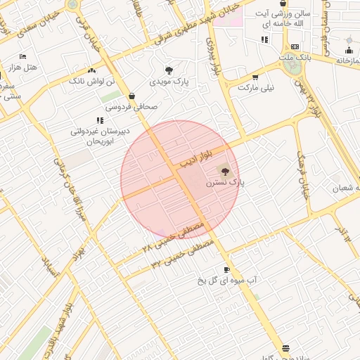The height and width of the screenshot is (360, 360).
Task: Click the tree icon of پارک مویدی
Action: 169,70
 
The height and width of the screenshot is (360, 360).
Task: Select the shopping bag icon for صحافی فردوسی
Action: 131,96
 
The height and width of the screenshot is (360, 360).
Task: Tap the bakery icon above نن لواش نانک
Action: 91,70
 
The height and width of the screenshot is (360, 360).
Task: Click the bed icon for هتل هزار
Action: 22,56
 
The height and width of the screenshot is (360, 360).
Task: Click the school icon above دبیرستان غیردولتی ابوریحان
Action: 100,120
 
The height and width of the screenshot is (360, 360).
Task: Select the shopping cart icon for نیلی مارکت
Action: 255,77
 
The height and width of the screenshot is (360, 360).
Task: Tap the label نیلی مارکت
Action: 255,89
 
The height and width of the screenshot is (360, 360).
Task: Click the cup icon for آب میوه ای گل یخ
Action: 226,269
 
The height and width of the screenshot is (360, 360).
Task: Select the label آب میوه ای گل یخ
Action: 226,281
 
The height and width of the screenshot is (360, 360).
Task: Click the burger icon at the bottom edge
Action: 285,349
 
